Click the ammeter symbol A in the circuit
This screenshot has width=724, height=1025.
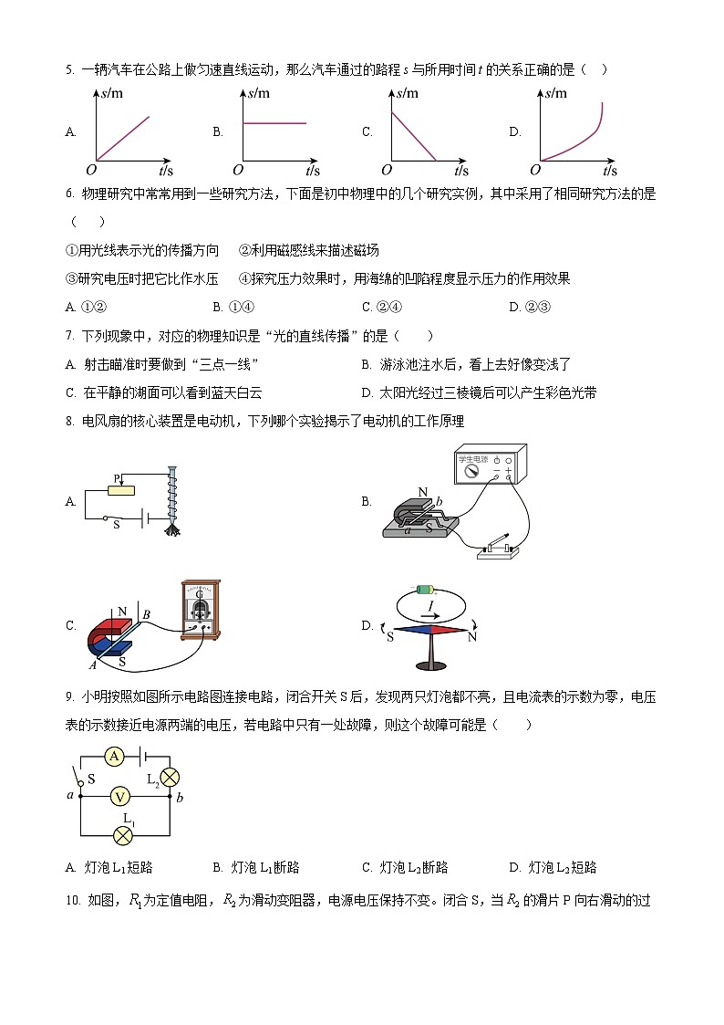113,756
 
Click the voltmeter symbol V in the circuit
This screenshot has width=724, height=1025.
119,796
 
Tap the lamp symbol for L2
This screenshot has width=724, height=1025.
170,776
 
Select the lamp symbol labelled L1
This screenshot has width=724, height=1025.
119,835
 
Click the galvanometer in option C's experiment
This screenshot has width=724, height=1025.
202,609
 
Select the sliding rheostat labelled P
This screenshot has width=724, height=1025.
120,490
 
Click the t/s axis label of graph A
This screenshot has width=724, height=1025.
167,171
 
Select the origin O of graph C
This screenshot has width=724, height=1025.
387,170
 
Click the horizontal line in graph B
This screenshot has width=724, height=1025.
274,123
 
